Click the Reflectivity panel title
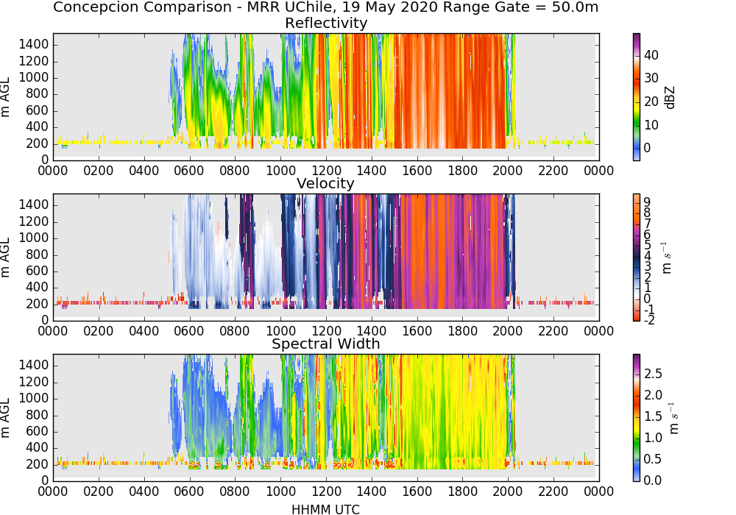click(326, 23)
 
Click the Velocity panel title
click(325, 183)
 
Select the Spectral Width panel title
click(326, 344)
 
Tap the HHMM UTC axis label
click(325, 509)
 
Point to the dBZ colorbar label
click(670, 97)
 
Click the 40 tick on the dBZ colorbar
click(651, 55)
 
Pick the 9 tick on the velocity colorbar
click(647, 202)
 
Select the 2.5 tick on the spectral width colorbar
click(653, 373)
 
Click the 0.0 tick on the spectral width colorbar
click(653, 480)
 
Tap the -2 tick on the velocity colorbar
click(649, 320)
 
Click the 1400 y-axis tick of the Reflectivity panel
click(34, 45)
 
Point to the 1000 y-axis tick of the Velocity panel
click(34, 238)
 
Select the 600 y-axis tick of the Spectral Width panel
click(38, 431)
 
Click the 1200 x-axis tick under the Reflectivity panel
click(326, 170)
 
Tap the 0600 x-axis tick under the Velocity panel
click(189, 330)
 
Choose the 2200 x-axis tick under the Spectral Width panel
click(553, 491)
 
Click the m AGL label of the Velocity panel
click(5, 257)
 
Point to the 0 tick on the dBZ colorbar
click(647, 148)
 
